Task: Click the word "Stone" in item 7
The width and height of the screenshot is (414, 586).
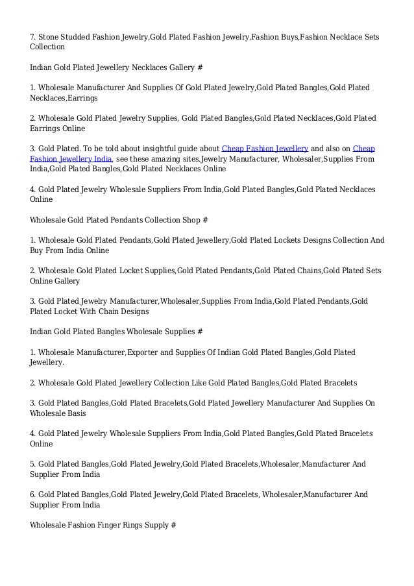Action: click(50, 36)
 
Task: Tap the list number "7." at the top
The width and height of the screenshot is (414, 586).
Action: click(34, 36)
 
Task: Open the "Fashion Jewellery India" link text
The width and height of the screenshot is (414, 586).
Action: click(71, 158)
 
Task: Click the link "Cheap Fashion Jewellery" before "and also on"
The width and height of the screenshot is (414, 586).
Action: click(265, 148)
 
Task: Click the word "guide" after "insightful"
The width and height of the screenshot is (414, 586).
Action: click(177, 148)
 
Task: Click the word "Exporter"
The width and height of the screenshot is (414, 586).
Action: click(145, 352)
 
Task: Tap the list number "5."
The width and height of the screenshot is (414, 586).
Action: click(34, 464)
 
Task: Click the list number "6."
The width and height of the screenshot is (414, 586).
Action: click(34, 494)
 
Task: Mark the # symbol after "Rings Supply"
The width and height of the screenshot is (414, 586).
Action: click(173, 525)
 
